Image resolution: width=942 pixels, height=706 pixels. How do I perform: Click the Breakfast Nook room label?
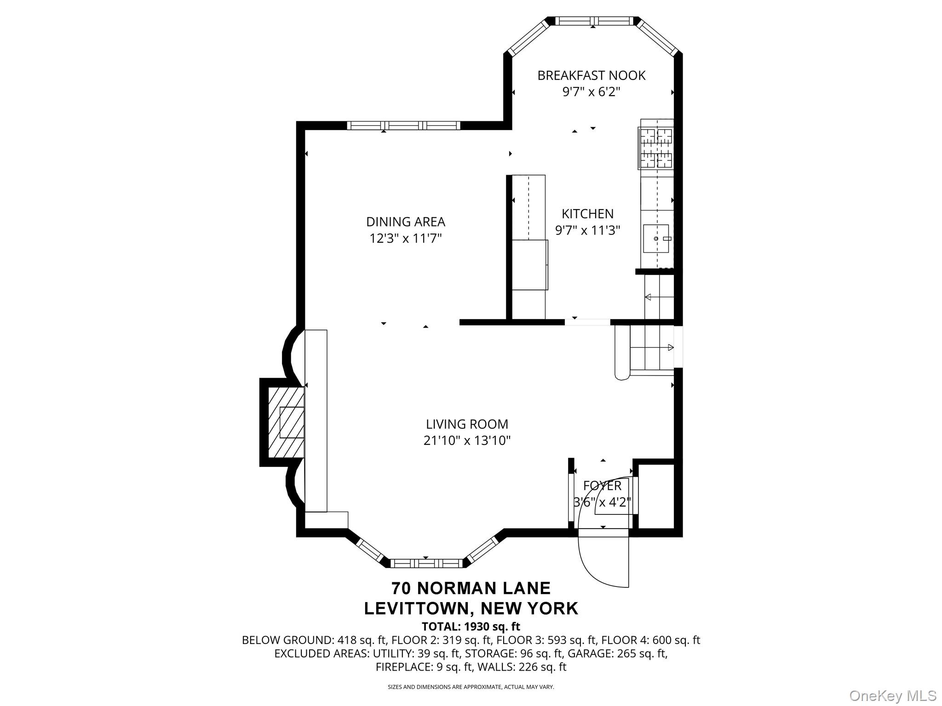pos(591,75)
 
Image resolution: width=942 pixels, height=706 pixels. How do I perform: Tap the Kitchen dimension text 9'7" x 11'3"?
pos(587,230)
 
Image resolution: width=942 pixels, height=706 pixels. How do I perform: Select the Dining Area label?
pos(405,222)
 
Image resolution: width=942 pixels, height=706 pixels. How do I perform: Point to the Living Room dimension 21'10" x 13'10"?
pos(467,441)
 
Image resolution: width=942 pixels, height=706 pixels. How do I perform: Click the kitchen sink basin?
pos(655,239)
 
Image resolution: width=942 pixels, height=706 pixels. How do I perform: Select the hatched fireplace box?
pos(285,422)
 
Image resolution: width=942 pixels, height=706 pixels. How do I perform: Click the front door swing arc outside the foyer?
pos(598,565)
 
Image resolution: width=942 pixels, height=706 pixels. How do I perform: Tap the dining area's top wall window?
pos(403,125)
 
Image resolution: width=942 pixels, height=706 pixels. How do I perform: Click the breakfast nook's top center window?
pos(593,21)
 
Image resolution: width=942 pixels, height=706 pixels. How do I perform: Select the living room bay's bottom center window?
pos(426,563)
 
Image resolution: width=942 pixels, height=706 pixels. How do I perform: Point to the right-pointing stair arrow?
pos(670,347)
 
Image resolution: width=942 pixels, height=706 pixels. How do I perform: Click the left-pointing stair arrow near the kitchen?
pos(648,297)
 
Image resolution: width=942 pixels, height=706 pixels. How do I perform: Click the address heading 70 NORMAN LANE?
pos(471,588)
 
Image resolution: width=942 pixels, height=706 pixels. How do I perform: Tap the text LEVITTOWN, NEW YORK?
pos(471,609)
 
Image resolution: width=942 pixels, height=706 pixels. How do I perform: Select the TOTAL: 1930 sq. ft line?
pos(471,626)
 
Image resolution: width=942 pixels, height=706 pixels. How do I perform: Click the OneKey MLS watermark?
pos(892,696)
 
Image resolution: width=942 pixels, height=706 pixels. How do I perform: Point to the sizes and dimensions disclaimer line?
pos(471,687)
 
